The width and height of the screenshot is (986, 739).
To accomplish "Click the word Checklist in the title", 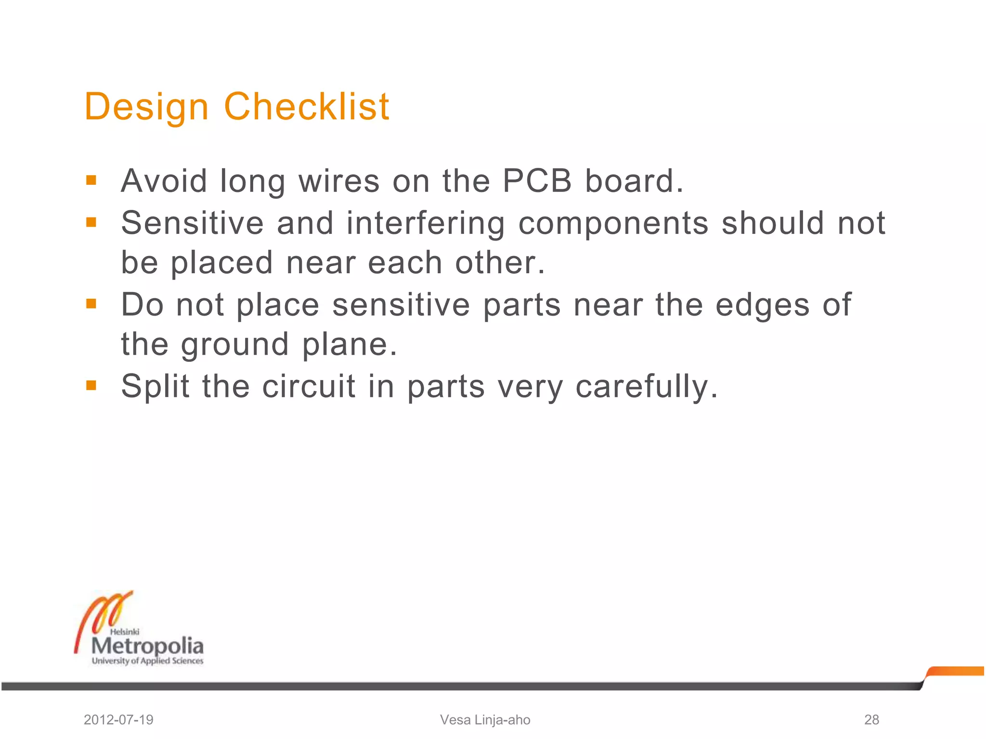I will point(307,106).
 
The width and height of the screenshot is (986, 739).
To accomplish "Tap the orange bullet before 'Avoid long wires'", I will point(91,180).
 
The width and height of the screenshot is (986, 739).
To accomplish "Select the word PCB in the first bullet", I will point(537,181).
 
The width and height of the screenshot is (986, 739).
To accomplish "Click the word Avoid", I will point(164,181).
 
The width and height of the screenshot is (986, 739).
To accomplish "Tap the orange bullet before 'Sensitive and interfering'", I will point(91,222).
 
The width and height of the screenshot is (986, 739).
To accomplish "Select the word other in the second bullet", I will point(500,263).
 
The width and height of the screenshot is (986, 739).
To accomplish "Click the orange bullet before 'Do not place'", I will point(91,304).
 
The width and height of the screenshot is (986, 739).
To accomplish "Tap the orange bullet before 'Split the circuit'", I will point(91,385).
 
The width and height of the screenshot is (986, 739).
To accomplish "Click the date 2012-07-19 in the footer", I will point(118,720).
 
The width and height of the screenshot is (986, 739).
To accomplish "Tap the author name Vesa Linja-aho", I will point(485,720).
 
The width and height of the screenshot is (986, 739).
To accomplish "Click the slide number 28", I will point(871,720).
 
